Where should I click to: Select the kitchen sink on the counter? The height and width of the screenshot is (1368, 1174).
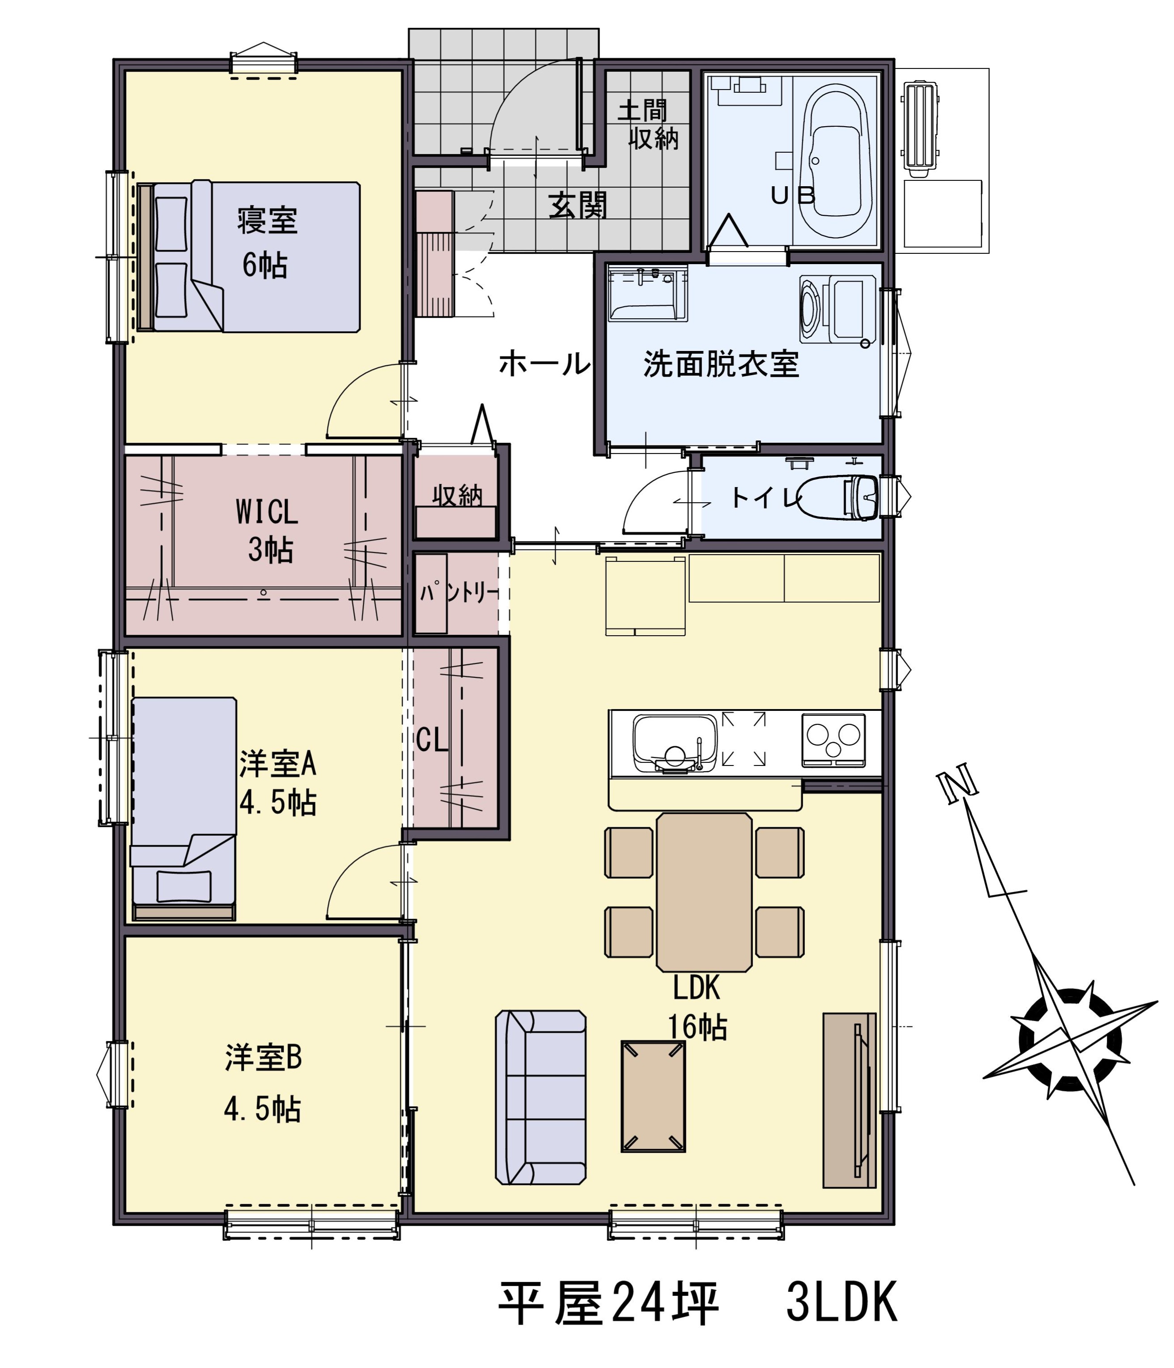tap(674, 743)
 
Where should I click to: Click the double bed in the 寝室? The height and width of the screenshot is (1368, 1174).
tap(249, 257)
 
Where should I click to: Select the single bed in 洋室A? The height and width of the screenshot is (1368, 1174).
tap(183, 808)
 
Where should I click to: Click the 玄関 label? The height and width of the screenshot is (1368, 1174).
tap(578, 206)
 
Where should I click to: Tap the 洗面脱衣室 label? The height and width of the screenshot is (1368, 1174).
tap(721, 364)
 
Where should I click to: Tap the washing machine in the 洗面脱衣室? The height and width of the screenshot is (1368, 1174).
tap(837, 309)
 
